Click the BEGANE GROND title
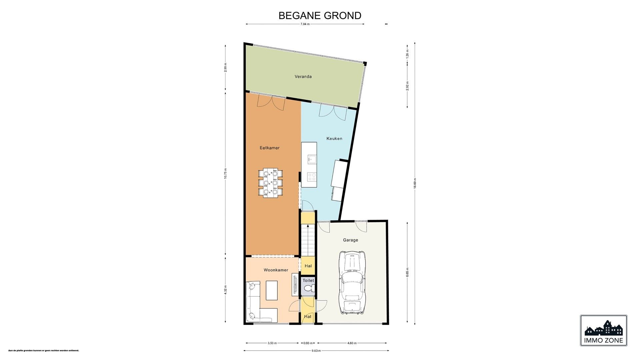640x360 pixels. click(x=320, y=16)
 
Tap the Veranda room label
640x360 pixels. click(x=303, y=77)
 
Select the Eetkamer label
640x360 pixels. click(x=270, y=148)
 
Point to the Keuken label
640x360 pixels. click(x=334, y=138)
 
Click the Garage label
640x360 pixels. click(x=350, y=240)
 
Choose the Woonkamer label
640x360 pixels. click(x=276, y=270)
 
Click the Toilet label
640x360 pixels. click(x=308, y=281)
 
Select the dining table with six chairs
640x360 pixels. click(x=270, y=183)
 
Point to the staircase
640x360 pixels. click(x=308, y=239)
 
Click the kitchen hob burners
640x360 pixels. click(x=312, y=177)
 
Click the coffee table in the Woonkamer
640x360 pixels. click(x=272, y=290)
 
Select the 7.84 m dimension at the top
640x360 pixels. click(x=305, y=24)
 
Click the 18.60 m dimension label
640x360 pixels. click(x=415, y=183)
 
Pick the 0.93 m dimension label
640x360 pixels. click(x=308, y=343)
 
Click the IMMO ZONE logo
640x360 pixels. click(x=603, y=330)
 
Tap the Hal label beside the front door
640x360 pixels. click(x=308, y=317)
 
